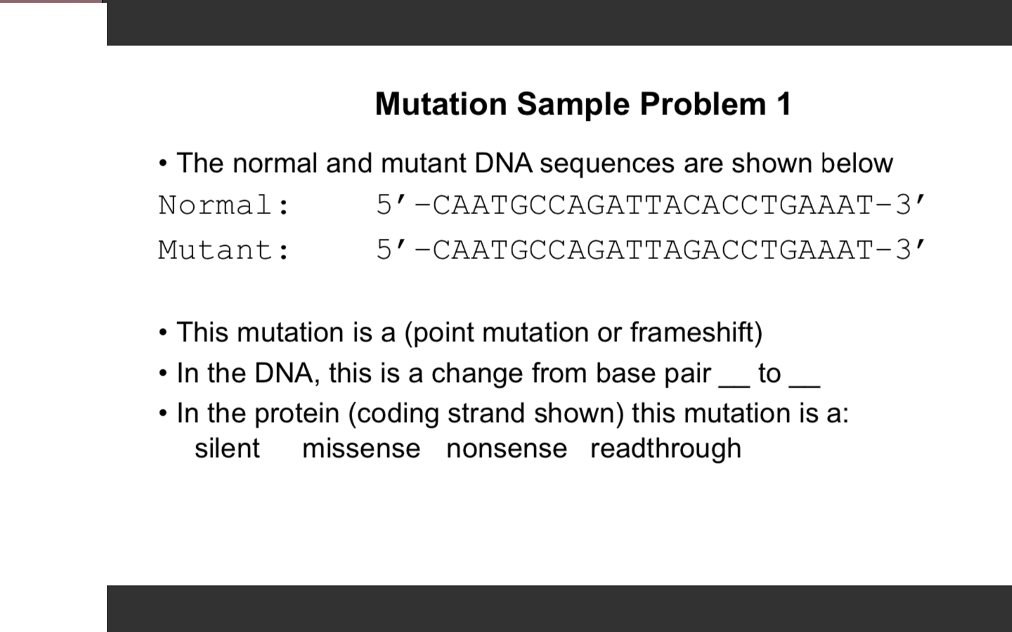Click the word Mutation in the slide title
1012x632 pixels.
(x=441, y=104)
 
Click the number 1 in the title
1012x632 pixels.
(x=784, y=104)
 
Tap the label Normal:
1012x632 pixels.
(x=224, y=205)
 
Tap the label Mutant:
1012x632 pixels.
(x=224, y=250)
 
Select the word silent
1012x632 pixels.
(x=227, y=448)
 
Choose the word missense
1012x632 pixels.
(x=361, y=448)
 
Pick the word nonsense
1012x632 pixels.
(x=507, y=448)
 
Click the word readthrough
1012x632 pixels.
(x=666, y=448)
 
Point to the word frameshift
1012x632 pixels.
(x=692, y=332)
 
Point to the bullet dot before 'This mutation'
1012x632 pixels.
(x=163, y=333)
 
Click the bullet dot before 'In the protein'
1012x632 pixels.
(x=163, y=414)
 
